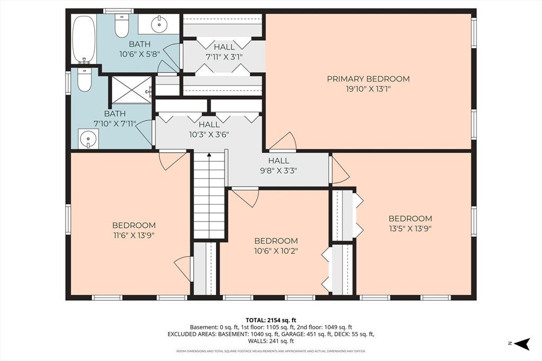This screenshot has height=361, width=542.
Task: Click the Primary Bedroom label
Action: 368,79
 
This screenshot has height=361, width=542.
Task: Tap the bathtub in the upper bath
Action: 84,39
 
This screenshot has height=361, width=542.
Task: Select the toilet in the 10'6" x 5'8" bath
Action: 121,26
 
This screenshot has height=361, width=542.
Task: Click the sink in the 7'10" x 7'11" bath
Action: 88,139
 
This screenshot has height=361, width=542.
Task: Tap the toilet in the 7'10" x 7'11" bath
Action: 84,80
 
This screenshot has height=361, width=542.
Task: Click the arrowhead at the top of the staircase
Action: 209,155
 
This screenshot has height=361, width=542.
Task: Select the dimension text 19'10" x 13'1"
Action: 368,89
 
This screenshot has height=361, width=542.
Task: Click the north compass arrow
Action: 522,343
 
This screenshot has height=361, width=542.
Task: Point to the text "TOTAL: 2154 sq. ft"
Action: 270,320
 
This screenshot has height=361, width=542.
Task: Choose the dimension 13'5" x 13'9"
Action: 410,228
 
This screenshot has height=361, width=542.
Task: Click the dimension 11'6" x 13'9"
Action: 134,235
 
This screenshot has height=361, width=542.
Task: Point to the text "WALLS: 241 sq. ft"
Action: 270,341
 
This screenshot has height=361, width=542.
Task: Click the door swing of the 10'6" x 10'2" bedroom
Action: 246,197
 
